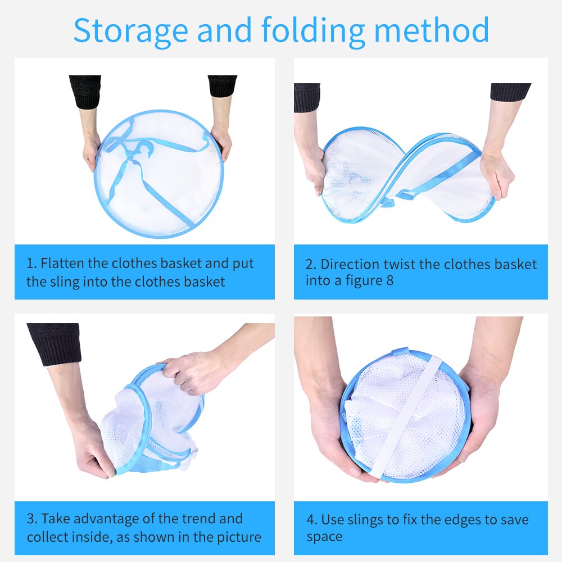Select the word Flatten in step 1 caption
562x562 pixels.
(64, 263)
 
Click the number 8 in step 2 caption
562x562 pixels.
(389, 280)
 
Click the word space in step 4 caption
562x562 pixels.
(324, 537)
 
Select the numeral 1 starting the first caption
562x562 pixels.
(30, 263)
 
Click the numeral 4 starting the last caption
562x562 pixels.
(311, 519)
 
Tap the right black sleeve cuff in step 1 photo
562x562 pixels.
(222, 86)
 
